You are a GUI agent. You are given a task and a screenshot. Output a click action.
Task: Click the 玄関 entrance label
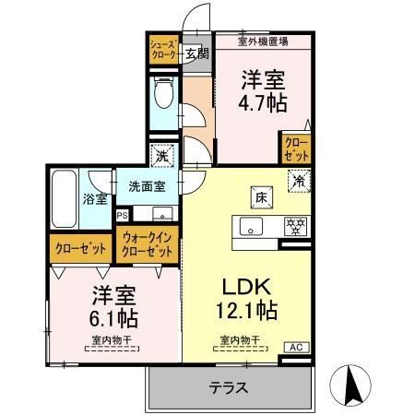[x=196, y=53]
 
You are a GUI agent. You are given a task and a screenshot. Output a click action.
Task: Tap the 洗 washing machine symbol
[x=162, y=156]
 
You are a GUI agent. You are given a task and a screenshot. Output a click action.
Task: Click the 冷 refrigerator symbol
[x=299, y=181]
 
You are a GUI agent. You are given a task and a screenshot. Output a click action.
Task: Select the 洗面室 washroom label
[x=147, y=185]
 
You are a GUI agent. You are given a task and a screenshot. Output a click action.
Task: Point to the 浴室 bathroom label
[x=96, y=198]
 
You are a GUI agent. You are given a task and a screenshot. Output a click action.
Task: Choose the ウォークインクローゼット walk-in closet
[x=148, y=245]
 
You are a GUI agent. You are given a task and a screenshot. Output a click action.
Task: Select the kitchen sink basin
[x=251, y=227]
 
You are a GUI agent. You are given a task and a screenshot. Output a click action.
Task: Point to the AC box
[x=296, y=347]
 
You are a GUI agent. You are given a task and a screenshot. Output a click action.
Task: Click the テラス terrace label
[x=229, y=387]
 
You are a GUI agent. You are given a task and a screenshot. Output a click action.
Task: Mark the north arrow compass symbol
[x=352, y=381]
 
